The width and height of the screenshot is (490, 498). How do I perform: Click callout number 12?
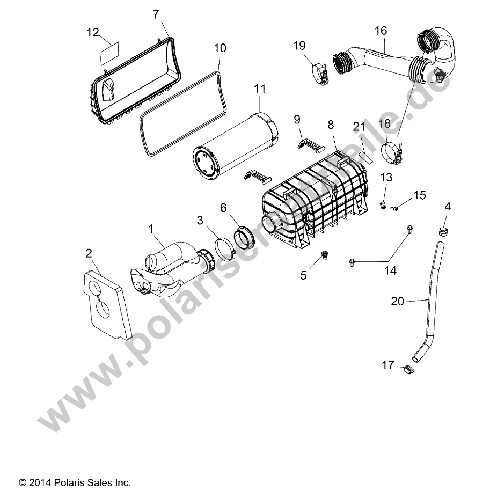coord(93,32)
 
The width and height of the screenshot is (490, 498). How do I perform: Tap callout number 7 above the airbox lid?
coord(156,14)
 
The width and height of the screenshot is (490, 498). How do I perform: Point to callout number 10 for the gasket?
coord(220,48)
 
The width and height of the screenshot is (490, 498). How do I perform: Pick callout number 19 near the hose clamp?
coord(299,46)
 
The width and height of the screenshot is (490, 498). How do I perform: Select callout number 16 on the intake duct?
coord(381,31)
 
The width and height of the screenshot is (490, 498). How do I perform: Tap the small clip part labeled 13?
coord(384,205)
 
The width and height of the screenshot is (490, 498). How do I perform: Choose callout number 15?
coord(420,195)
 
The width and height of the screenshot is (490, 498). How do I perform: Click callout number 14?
coord(390,270)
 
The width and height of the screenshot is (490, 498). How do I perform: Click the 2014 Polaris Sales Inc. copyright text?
coord(75,482)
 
